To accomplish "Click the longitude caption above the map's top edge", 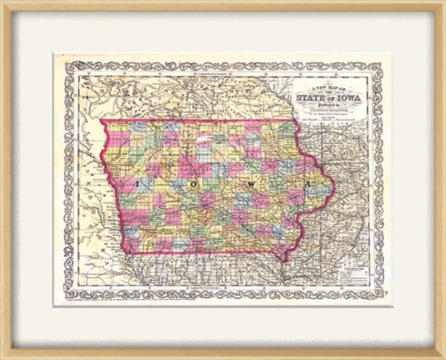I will pyautogui.click(x=224, y=73).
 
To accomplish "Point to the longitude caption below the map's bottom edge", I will pyautogui.click(x=224, y=288).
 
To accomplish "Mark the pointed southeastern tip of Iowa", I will pyautogui.click(x=286, y=259).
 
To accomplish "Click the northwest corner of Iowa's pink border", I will pyautogui.click(x=101, y=120).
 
